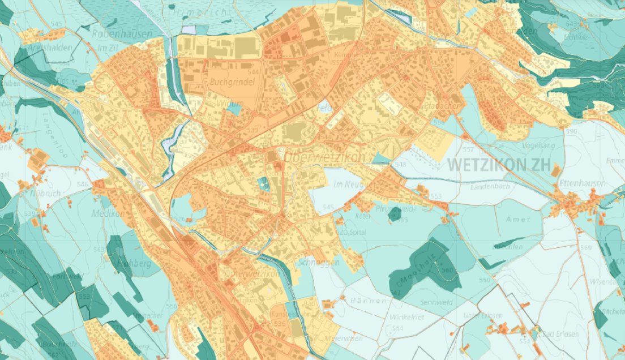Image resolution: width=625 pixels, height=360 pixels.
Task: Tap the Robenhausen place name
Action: [122, 35]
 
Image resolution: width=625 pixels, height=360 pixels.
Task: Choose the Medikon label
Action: [107, 213]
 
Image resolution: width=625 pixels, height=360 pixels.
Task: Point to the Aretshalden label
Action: [50, 48]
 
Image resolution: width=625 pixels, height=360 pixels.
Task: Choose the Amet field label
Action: [517, 219]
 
